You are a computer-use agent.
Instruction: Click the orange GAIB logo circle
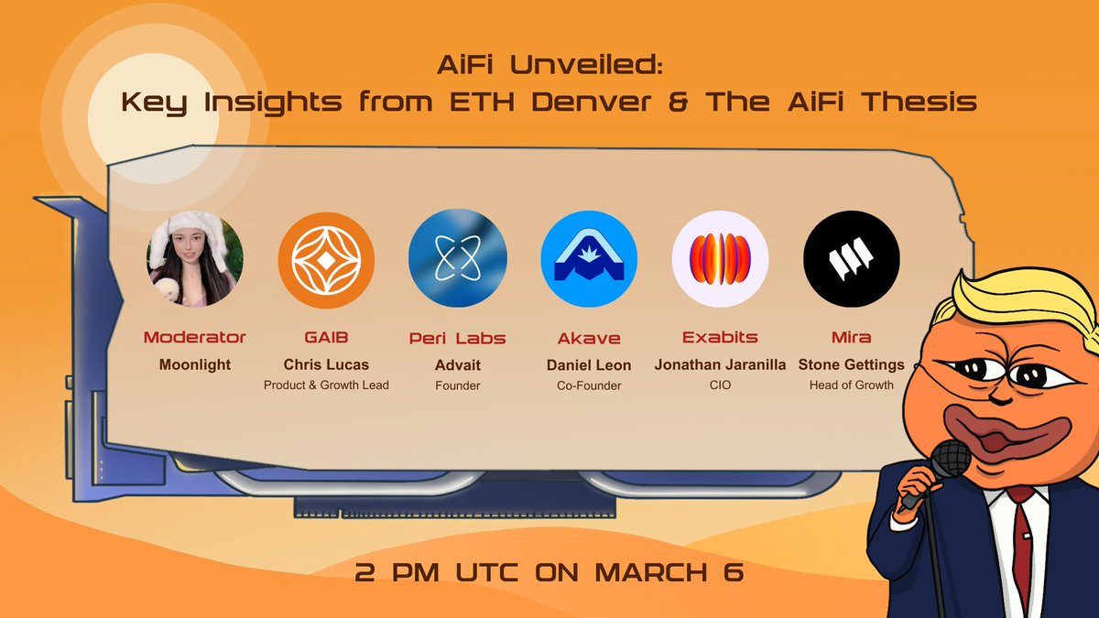pyautogui.click(x=326, y=260)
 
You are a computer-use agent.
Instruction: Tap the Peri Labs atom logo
pyautogui.click(x=458, y=258)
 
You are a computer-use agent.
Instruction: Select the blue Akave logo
pyautogui.click(x=589, y=259)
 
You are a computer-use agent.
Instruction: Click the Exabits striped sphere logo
pyautogui.click(x=720, y=259)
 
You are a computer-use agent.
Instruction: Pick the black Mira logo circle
pyautogui.click(x=852, y=259)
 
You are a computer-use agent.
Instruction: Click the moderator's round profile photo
pyautogui.click(x=195, y=259)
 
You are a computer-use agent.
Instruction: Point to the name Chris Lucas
pyautogui.click(x=326, y=364)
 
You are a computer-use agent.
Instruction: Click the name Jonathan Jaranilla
pyautogui.click(x=720, y=364)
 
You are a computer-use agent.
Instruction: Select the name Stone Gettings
pyautogui.click(x=851, y=365)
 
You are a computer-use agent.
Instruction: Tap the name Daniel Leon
pyautogui.click(x=589, y=365)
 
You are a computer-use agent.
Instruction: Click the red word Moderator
pyautogui.click(x=195, y=338)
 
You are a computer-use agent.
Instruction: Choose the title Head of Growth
pyautogui.click(x=851, y=385)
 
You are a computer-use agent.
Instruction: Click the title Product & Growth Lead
pyautogui.click(x=326, y=385)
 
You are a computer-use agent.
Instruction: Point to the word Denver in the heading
pyautogui.click(x=592, y=102)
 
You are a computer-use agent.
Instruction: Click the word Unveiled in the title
pyautogui.click(x=586, y=65)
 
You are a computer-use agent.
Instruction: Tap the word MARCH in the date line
pyautogui.click(x=652, y=572)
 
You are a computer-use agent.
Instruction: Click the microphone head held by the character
pyautogui.click(x=951, y=459)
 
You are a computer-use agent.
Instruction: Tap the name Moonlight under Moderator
pyautogui.click(x=195, y=365)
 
